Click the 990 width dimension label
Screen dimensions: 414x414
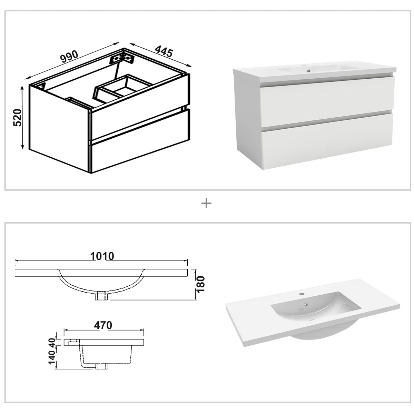[x=69, y=57]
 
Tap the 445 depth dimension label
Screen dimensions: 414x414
[x=164, y=51]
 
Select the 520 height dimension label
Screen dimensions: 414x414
[x=17, y=118]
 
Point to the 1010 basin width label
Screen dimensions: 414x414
[x=102, y=256]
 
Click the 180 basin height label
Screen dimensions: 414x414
[x=201, y=284]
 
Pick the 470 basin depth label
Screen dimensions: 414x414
[x=103, y=325]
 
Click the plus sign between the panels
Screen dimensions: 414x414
[x=206, y=203]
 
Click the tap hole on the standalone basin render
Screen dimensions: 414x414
[x=302, y=293]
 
